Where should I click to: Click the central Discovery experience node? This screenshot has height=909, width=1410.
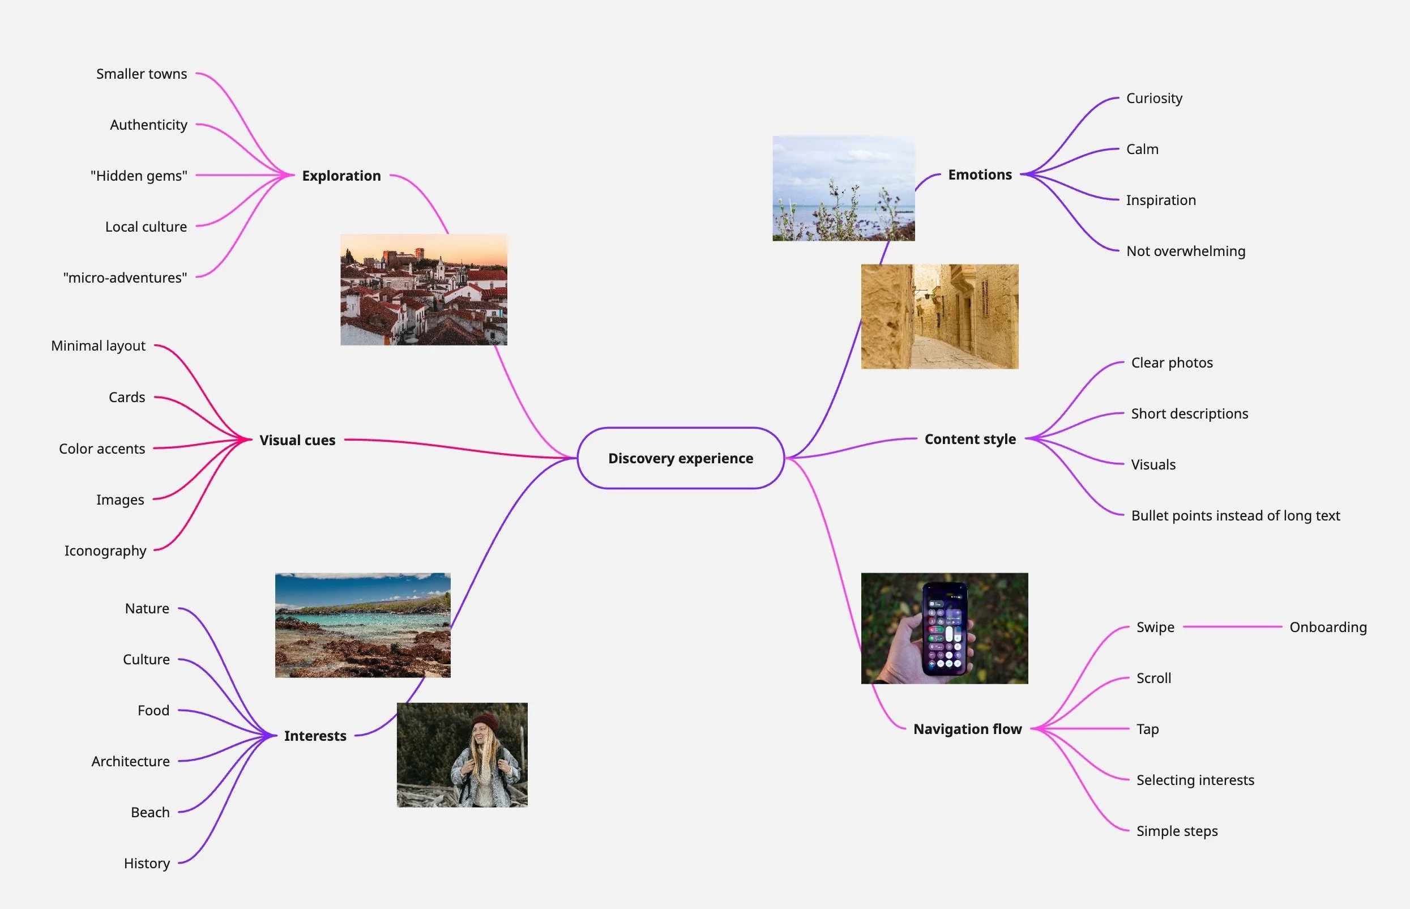click(681, 458)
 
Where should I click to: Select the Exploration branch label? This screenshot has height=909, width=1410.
click(341, 176)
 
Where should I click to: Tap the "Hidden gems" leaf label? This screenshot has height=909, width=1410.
click(139, 176)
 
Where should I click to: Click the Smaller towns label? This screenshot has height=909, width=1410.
click(142, 74)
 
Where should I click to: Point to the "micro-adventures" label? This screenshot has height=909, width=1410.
click(125, 278)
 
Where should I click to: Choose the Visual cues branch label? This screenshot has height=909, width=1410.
click(297, 440)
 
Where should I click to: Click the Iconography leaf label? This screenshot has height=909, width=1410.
click(105, 550)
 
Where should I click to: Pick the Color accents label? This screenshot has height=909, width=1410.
click(102, 449)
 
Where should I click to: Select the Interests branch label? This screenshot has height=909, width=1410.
click(315, 736)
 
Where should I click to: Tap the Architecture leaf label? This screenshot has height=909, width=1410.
click(130, 761)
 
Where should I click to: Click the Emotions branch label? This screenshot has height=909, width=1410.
click(980, 174)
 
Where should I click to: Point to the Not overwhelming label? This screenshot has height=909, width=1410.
click(1186, 251)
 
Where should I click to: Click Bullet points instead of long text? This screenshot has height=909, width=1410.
click(1235, 515)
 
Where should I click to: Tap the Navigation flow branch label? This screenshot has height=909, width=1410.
click(967, 729)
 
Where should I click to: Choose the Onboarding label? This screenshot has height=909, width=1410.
click(1328, 627)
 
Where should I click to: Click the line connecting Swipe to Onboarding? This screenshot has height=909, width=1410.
click(1232, 627)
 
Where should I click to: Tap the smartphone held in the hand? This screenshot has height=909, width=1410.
click(946, 629)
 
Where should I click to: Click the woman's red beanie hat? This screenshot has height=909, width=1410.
click(485, 722)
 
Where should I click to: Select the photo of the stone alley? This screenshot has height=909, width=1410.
click(939, 317)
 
